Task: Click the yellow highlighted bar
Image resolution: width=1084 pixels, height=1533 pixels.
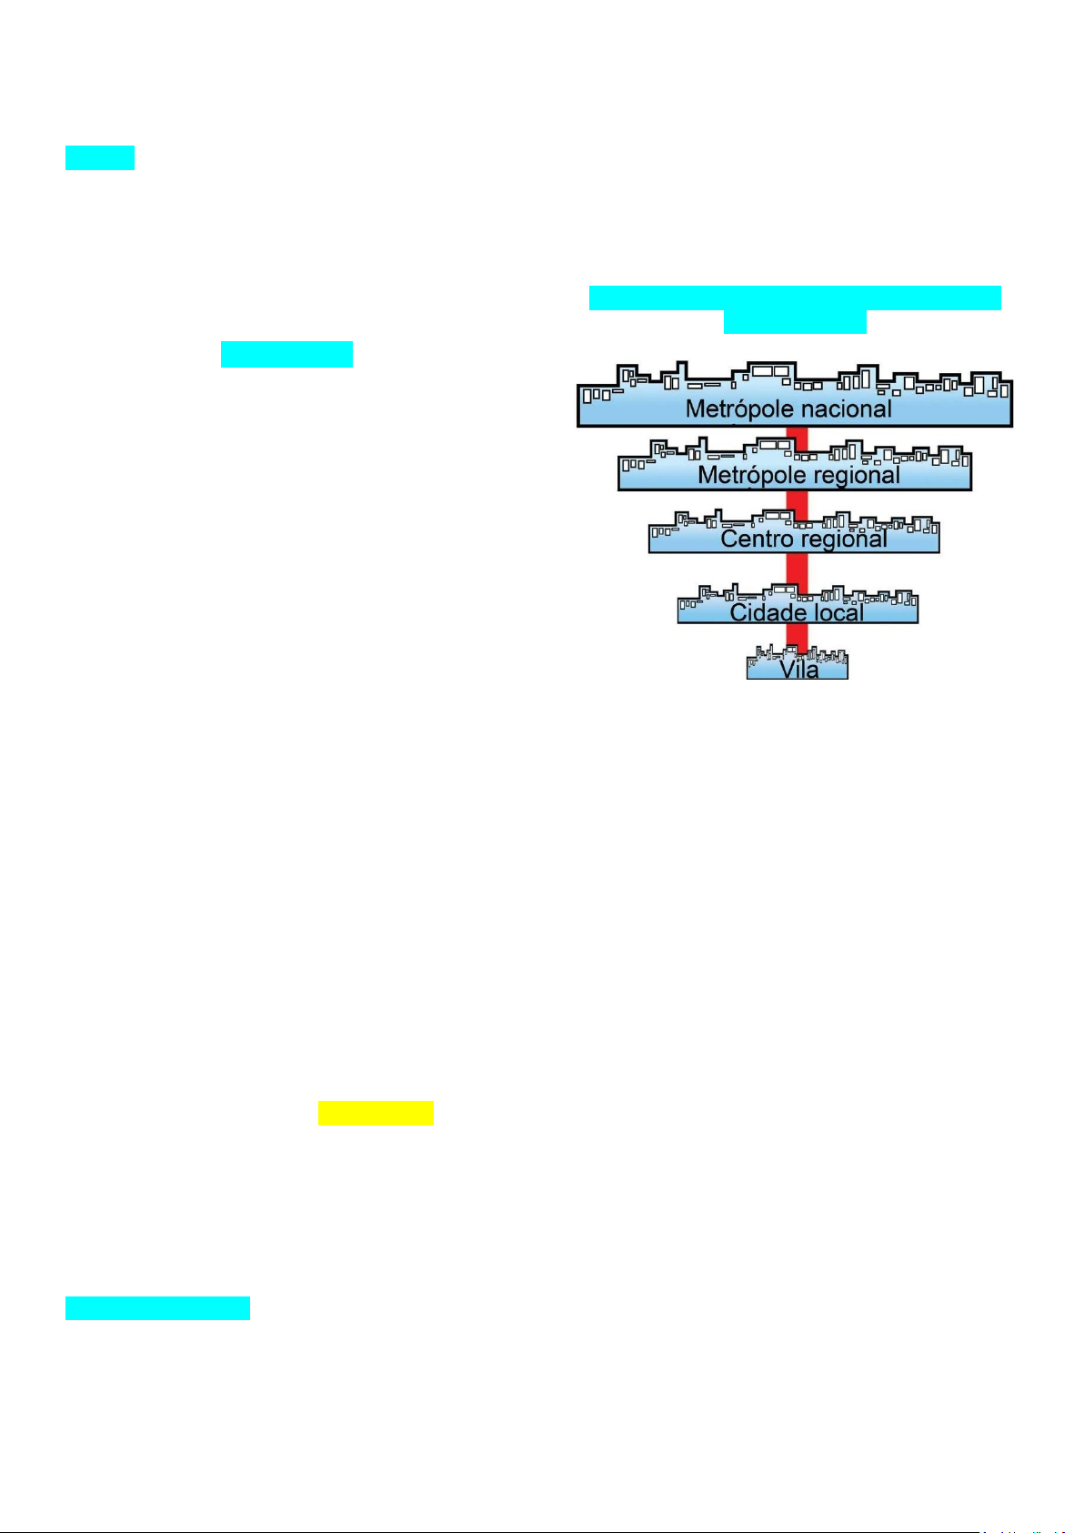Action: point(376,1114)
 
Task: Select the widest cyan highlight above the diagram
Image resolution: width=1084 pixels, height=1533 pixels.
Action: point(795,298)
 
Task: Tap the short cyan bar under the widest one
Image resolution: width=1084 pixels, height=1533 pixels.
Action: point(795,322)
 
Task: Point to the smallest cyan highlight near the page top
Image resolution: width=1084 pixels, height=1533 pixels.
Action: point(100,157)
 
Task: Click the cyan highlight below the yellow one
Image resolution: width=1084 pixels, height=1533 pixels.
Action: point(157,1308)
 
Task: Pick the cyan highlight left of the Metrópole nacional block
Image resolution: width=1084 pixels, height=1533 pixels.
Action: point(286,354)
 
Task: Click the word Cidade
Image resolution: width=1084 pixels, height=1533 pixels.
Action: point(770,612)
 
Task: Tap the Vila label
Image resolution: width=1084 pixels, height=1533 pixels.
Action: point(798,669)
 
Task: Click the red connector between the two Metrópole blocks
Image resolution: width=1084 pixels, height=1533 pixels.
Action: point(797,437)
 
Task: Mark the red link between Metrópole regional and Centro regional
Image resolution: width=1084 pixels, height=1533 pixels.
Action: point(797,502)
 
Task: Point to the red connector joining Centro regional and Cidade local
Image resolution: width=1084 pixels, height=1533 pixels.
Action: point(797,573)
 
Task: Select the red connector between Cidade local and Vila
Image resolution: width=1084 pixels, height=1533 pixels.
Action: point(797,635)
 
